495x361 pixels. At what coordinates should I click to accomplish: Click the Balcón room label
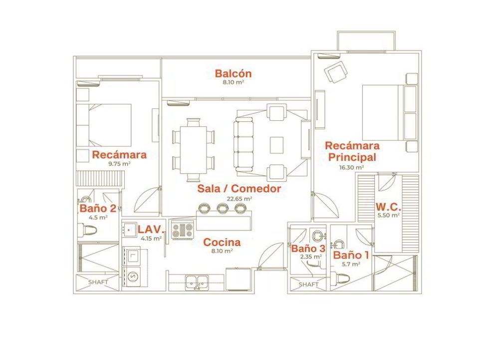coord(233,73)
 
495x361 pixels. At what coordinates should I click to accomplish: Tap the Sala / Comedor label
coord(239,189)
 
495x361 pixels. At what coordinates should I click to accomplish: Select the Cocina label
coord(222,242)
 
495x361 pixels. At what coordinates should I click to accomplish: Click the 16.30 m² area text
coord(351,167)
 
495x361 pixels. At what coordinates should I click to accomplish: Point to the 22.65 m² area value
coord(240,199)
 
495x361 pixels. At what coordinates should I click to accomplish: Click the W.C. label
coord(388,207)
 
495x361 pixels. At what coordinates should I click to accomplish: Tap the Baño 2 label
coord(97,208)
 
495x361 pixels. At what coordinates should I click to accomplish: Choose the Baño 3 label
coord(308,248)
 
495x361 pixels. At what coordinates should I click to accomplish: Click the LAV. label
coord(151,230)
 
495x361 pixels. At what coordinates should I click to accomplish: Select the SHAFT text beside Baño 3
coord(308,285)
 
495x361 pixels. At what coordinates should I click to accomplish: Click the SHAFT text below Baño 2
coord(98,282)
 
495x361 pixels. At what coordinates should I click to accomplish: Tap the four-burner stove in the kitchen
coord(182,230)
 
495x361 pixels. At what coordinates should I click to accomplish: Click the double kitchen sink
coord(197,282)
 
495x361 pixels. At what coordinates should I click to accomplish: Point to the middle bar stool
coord(223,208)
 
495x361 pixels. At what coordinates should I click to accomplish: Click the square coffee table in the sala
coord(276,145)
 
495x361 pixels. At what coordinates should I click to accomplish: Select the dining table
coord(193,150)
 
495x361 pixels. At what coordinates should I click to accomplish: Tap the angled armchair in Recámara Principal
coord(336,72)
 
